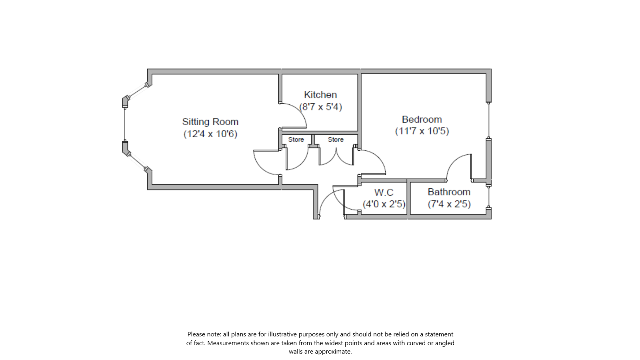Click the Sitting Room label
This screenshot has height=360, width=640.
click(210, 122)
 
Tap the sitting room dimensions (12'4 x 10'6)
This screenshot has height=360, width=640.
click(210, 134)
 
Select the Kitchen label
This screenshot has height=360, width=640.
click(320, 95)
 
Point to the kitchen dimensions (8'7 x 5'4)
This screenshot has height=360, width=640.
click(321, 107)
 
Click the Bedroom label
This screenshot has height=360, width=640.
click(422, 119)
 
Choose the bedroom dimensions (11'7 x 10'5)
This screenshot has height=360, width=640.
click(422, 131)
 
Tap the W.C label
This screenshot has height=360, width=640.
click(384, 192)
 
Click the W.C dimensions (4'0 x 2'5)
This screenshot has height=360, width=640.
click(384, 204)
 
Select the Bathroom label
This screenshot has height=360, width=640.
click(449, 192)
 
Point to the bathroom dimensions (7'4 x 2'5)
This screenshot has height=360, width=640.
click(449, 204)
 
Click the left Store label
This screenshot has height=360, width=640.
click(296, 140)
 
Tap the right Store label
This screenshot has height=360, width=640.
click(336, 140)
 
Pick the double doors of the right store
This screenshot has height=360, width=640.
click(336, 158)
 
